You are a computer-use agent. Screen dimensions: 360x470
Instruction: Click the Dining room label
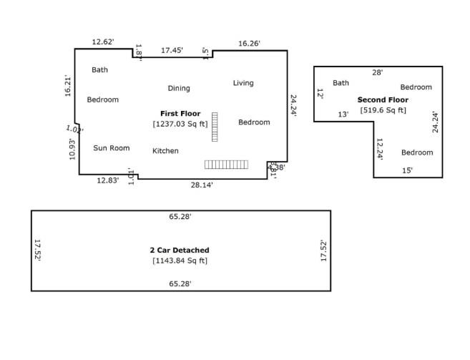click(x=179, y=89)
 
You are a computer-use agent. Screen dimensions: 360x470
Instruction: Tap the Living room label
click(x=243, y=83)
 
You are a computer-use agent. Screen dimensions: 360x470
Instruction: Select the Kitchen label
click(x=165, y=151)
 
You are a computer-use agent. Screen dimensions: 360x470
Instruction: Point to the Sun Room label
click(x=112, y=148)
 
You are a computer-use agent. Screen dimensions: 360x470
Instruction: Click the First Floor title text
click(x=180, y=114)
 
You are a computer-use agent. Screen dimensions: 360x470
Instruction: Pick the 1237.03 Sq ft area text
click(x=180, y=124)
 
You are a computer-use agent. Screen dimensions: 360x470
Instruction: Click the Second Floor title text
click(x=383, y=100)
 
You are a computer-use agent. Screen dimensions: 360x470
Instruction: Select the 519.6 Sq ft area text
click(x=383, y=110)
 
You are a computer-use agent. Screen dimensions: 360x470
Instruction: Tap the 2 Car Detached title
click(x=180, y=250)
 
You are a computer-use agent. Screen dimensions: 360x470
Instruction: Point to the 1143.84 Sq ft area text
click(x=180, y=261)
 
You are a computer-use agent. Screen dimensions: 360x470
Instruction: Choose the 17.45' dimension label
click(x=172, y=50)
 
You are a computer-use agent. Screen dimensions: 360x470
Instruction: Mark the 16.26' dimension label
click(x=248, y=44)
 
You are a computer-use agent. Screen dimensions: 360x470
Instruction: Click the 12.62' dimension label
click(x=103, y=42)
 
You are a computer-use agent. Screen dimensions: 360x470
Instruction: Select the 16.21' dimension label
click(x=68, y=86)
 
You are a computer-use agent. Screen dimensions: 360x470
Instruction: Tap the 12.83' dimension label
click(x=108, y=181)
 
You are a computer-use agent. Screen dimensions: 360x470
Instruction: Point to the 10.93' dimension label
click(x=72, y=148)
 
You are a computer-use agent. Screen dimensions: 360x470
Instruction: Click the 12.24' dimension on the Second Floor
click(x=380, y=149)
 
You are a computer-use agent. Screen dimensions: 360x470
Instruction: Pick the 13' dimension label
click(x=343, y=115)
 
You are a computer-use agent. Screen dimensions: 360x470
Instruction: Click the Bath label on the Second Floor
click(x=341, y=83)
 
